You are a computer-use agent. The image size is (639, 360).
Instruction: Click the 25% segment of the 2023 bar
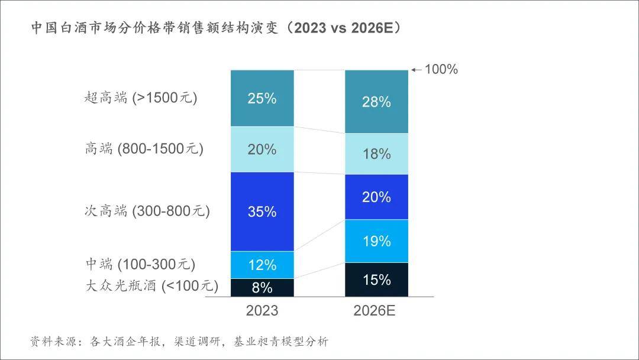click(x=262, y=98)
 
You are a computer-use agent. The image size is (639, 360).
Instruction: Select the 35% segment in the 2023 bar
click(x=262, y=211)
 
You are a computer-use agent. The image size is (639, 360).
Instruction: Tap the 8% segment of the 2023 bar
click(x=262, y=288)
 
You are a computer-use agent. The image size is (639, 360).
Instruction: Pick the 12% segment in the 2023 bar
click(x=262, y=265)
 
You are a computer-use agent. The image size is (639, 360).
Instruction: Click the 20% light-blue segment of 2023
click(x=262, y=149)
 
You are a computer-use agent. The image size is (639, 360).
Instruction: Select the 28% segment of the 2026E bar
click(x=376, y=102)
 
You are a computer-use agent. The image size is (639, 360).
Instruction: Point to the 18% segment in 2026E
click(x=376, y=154)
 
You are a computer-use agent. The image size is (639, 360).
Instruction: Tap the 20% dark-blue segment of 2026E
click(x=376, y=197)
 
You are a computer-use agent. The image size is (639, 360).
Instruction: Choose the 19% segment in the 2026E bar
click(x=376, y=241)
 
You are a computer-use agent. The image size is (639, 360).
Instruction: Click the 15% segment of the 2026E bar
click(x=376, y=279)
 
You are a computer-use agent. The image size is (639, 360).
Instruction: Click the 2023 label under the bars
click(x=262, y=311)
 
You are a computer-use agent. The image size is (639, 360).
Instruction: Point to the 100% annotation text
click(x=441, y=69)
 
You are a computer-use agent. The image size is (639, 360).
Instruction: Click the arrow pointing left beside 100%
click(x=417, y=70)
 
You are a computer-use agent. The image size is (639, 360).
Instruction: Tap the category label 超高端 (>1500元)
click(x=141, y=98)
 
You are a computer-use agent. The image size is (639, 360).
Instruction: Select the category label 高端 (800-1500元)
click(x=144, y=149)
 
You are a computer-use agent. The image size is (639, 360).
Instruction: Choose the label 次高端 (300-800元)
click(x=147, y=211)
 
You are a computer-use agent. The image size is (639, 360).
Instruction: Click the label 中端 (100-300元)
click(x=140, y=264)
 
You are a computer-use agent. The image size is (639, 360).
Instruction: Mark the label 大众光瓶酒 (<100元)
click(x=151, y=286)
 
